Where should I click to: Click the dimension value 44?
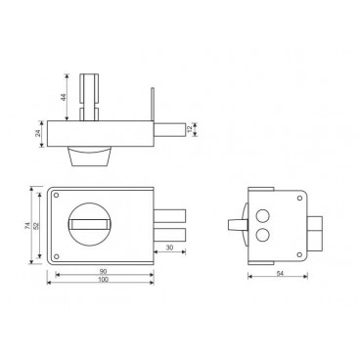[x=64, y=97]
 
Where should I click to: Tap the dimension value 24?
[x=38, y=133]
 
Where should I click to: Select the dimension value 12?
[x=190, y=129]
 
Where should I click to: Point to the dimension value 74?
[x=27, y=226]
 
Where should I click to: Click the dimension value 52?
[x=36, y=226]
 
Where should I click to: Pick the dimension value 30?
[x=169, y=247]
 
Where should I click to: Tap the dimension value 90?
[x=104, y=271]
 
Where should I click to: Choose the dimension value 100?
[x=104, y=279]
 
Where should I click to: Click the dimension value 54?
[x=280, y=274]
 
